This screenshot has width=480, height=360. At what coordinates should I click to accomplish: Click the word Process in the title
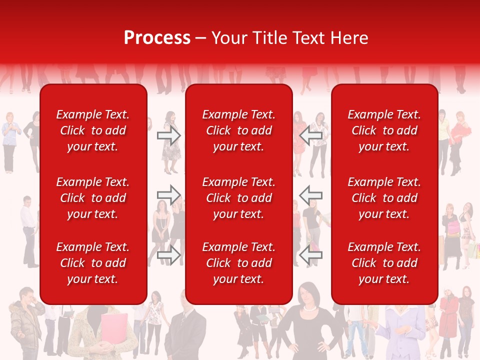157,38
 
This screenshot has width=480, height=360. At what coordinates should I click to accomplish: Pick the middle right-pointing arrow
168,195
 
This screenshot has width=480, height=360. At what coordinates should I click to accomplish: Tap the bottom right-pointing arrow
168,255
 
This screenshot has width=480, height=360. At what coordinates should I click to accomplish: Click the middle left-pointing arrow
310,195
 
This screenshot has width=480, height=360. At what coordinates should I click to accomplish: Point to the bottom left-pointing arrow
310,255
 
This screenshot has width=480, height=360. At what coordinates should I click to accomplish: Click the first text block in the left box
93,130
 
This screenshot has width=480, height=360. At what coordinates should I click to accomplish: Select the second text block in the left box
93,198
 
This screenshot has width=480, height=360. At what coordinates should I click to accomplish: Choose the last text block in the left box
93,263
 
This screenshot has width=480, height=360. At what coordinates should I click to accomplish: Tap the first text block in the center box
238,130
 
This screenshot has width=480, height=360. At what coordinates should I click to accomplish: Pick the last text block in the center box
238,263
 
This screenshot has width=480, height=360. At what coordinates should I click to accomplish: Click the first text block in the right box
384,130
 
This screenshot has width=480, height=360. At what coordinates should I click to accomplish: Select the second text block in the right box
384,198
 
